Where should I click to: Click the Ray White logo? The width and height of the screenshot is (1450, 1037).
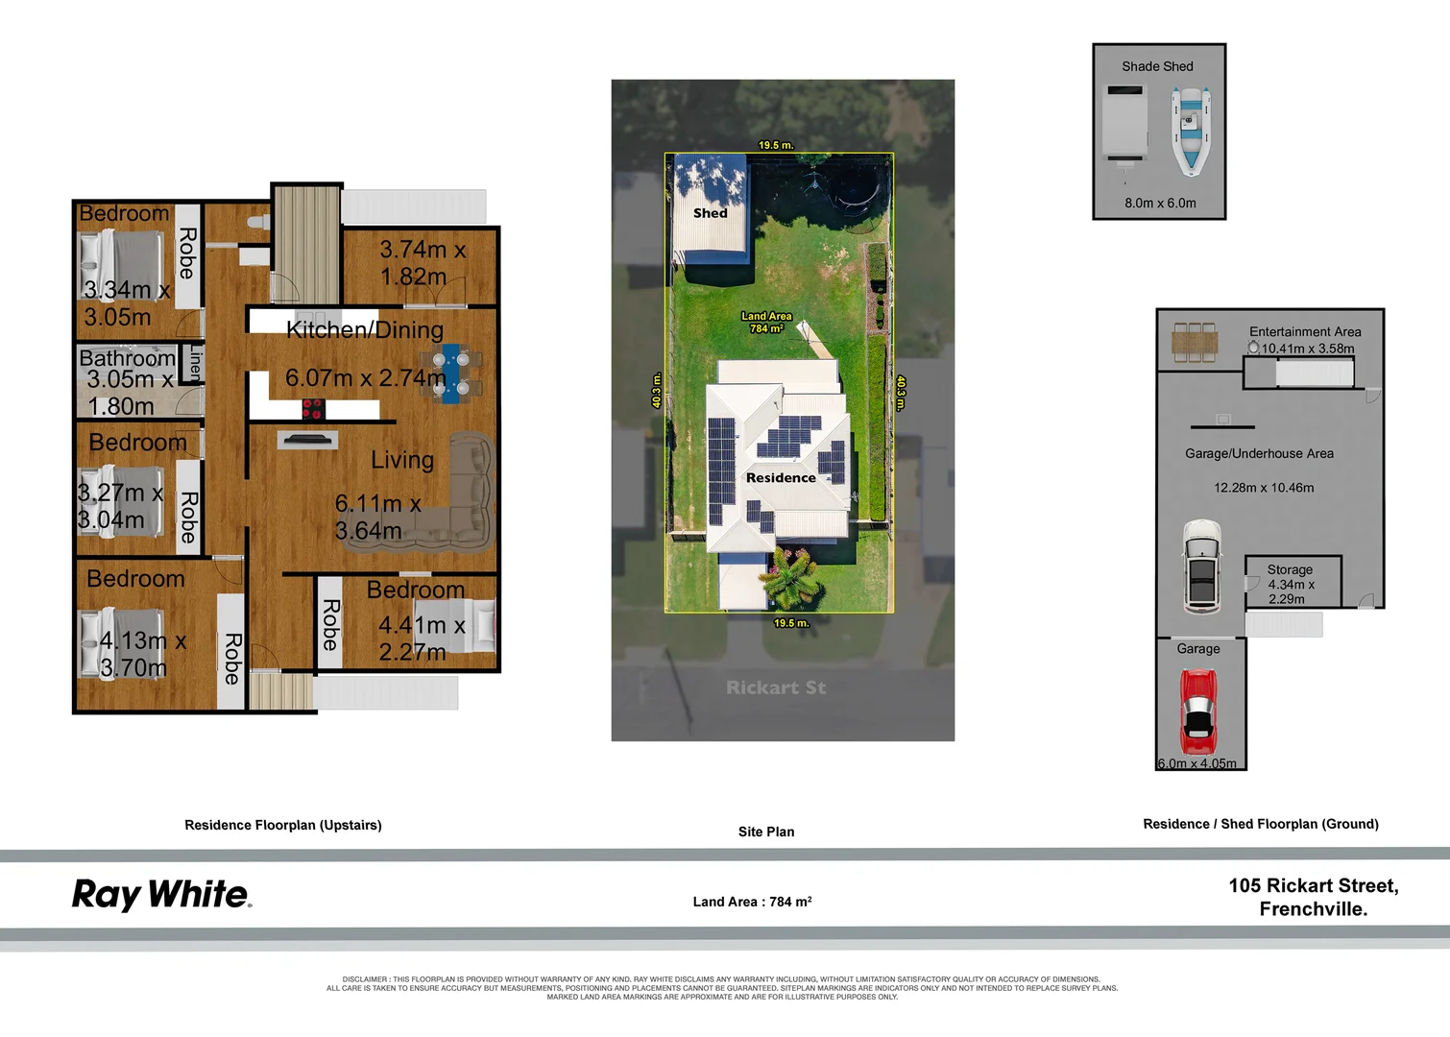[161, 895]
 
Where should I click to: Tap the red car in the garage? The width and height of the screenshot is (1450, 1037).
[1197, 712]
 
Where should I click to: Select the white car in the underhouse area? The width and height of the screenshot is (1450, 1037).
[1201, 567]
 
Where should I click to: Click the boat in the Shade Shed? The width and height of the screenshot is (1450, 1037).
[1191, 131]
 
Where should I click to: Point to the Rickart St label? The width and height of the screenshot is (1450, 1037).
[775, 687]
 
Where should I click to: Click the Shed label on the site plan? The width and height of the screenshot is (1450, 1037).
[710, 213]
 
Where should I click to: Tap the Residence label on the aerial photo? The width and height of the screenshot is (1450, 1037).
[781, 478]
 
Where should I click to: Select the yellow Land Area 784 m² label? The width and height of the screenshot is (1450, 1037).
[766, 322]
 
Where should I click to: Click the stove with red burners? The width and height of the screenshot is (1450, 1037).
[313, 409]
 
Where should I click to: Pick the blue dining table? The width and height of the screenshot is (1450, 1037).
[450, 374]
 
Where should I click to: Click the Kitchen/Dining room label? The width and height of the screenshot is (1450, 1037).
[365, 330]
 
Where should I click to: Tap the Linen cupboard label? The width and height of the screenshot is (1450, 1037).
[196, 363]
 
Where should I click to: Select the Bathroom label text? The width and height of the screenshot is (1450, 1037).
[127, 358]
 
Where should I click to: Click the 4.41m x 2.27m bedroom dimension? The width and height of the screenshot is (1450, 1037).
[421, 639]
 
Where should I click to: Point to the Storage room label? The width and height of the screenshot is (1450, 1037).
[1289, 569]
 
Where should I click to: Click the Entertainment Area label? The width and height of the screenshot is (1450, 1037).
[1304, 332]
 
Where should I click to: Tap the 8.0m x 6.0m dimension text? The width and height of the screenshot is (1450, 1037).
[1160, 204]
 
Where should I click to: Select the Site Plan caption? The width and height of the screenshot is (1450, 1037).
[765, 832]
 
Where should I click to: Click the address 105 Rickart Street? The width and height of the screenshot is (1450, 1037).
[1313, 886]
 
